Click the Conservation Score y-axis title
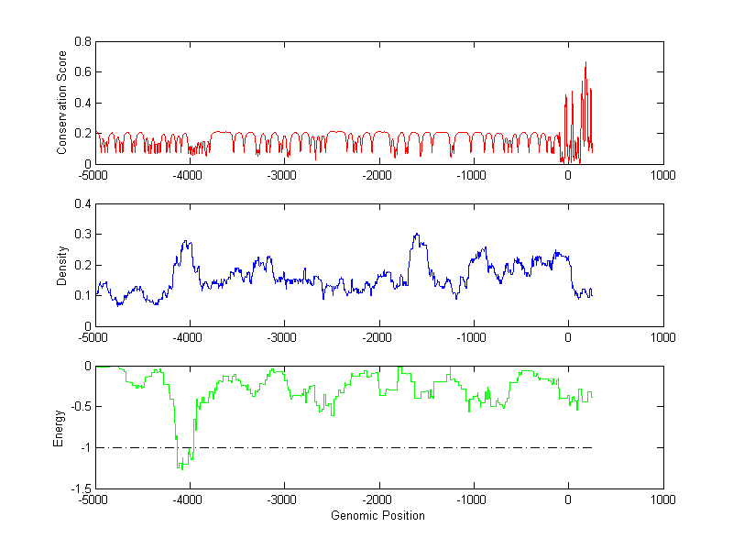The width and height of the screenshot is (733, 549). pyautogui.click(x=61, y=102)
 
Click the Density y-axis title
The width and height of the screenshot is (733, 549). pyautogui.click(x=61, y=265)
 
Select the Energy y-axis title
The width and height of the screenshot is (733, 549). pyautogui.click(x=59, y=428)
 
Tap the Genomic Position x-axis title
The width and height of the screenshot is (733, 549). pyautogui.click(x=377, y=515)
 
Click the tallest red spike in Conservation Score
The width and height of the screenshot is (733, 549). pyautogui.click(x=585, y=62)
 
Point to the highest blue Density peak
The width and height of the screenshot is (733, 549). pyautogui.click(x=416, y=234)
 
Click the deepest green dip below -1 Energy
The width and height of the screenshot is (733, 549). pyautogui.click(x=180, y=468)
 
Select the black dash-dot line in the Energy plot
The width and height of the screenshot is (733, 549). pyautogui.click(x=366, y=447)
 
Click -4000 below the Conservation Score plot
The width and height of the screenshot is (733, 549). pyautogui.click(x=188, y=173)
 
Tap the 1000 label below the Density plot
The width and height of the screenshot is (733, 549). pyautogui.click(x=662, y=336)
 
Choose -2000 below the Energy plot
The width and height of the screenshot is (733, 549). pyautogui.click(x=377, y=500)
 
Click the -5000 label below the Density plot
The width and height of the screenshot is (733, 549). pyautogui.click(x=93, y=336)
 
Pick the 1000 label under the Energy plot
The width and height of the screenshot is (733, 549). pyautogui.click(x=662, y=500)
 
